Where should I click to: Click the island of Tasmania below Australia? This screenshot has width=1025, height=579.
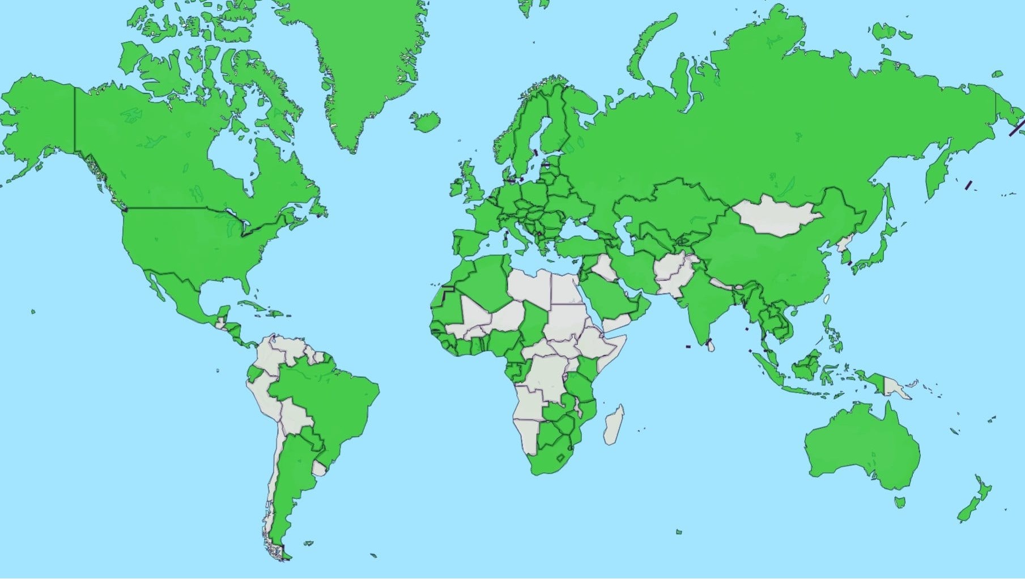click(x=900, y=502)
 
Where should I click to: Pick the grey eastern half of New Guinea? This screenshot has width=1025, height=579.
click(x=895, y=388)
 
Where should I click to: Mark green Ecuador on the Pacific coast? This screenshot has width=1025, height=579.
click(x=255, y=373)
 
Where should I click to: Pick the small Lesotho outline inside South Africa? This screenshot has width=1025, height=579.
click(x=562, y=458)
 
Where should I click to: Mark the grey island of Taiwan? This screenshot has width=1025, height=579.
click(x=826, y=299)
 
